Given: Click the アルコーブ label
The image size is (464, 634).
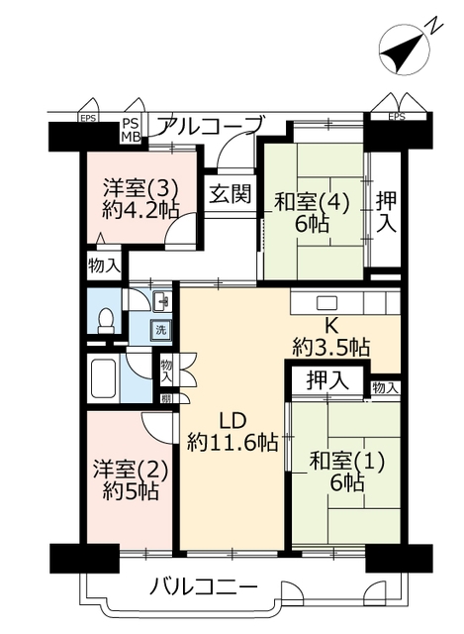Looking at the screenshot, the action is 212,126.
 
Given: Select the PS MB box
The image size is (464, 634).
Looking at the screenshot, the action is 131,130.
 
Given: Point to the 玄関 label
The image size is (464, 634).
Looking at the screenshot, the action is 231,194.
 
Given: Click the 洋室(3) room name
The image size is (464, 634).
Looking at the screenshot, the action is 139,188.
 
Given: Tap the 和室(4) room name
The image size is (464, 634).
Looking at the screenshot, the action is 312,202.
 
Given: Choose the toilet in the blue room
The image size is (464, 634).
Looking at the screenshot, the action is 107,321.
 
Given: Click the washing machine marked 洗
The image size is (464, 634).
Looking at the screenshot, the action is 160,330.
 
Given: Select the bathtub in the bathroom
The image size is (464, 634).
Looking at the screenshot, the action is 104,377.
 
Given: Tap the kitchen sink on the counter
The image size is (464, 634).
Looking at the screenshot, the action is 326,301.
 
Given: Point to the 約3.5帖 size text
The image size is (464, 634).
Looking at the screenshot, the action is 331,346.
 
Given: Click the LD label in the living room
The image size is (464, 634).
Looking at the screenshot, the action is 232,420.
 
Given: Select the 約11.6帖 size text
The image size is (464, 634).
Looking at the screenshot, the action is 232,442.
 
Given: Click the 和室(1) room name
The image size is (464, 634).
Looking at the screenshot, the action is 346,462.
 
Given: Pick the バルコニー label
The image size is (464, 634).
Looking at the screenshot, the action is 204,585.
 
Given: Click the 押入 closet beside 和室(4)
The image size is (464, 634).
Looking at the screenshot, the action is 386,212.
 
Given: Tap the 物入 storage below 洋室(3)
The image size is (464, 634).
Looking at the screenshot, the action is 104,265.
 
